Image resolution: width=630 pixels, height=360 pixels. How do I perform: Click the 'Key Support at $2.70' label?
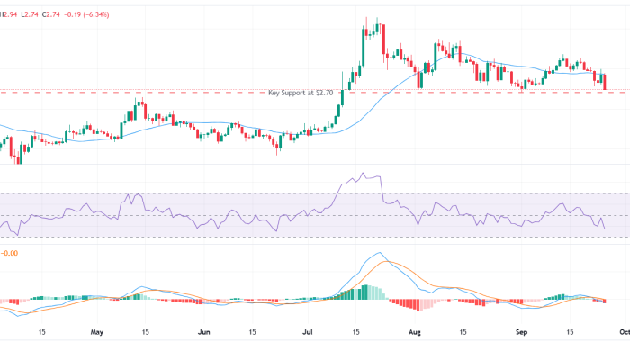(301, 93)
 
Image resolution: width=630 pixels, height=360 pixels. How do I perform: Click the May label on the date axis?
(98, 330)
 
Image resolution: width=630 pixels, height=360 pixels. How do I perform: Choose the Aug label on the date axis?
(415, 330)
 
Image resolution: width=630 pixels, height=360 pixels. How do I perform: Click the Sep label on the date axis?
(520, 330)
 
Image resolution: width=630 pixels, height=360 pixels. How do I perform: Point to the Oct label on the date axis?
(621, 330)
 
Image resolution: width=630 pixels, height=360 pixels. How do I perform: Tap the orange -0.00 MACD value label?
(9, 254)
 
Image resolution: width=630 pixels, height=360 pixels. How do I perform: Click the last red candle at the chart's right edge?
(605, 82)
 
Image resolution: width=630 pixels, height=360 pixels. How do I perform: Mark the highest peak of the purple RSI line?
(363, 174)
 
